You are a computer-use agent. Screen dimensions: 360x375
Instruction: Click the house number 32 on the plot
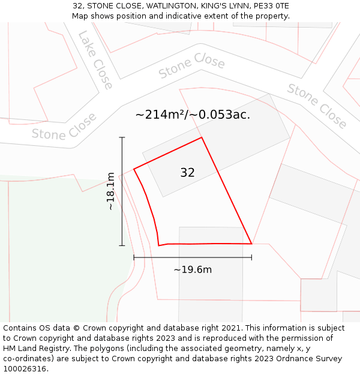187,173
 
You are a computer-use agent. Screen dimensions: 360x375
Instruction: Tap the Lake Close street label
95,60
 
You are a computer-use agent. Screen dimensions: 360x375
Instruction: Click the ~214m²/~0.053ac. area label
193,115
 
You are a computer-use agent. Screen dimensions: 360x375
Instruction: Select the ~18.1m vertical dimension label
110,191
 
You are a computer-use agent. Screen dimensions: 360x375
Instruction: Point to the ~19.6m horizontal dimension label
193,269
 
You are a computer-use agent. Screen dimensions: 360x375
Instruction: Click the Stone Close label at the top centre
192,66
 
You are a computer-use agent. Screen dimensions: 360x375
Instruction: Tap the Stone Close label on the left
64,127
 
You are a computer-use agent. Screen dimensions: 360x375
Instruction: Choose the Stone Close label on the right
317,106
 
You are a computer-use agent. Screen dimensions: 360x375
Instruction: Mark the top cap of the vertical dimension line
122,137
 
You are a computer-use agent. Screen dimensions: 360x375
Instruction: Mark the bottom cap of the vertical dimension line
122,245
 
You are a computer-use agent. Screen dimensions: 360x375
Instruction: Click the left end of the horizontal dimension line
134,257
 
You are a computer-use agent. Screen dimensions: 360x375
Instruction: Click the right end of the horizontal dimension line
251,257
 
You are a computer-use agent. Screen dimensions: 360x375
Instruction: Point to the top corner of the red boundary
202,137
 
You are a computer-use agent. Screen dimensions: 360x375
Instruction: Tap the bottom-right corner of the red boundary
251,244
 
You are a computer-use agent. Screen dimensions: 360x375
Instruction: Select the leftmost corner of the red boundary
133,169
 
